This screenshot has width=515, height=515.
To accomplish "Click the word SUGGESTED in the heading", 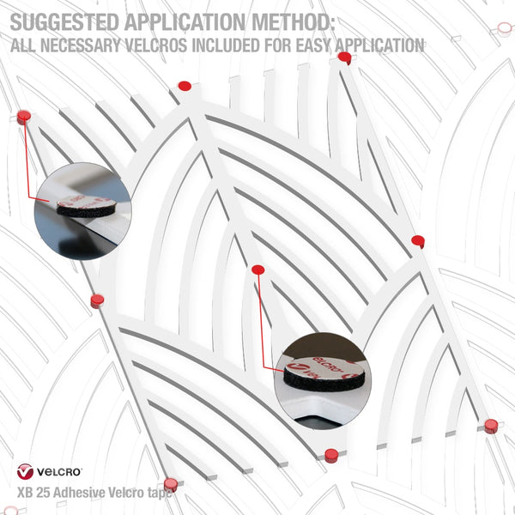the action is click(x=64, y=22).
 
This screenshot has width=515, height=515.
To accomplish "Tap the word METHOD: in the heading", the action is click(x=294, y=22).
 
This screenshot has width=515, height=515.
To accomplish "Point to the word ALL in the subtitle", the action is click(x=22, y=45).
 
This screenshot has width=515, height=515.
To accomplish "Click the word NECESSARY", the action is click(x=80, y=45).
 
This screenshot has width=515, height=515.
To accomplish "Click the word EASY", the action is click(x=314, y=45).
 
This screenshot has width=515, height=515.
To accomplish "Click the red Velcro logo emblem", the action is click(x=25, y=471).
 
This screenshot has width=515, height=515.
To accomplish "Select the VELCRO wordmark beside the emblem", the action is click(x=59, y=472).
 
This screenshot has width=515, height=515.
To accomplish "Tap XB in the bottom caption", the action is click(x=25, y=493).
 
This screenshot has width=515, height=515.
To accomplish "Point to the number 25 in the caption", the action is click(x=44, y=493).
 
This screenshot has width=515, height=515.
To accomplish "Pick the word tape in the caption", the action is click(x=159, y=494).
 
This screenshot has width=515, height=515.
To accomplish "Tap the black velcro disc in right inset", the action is click(x=324, y=379).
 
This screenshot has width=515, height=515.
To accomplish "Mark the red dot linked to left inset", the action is click(x=24, y=117).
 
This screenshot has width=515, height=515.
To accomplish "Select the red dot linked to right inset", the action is click(x=258, y=270).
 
